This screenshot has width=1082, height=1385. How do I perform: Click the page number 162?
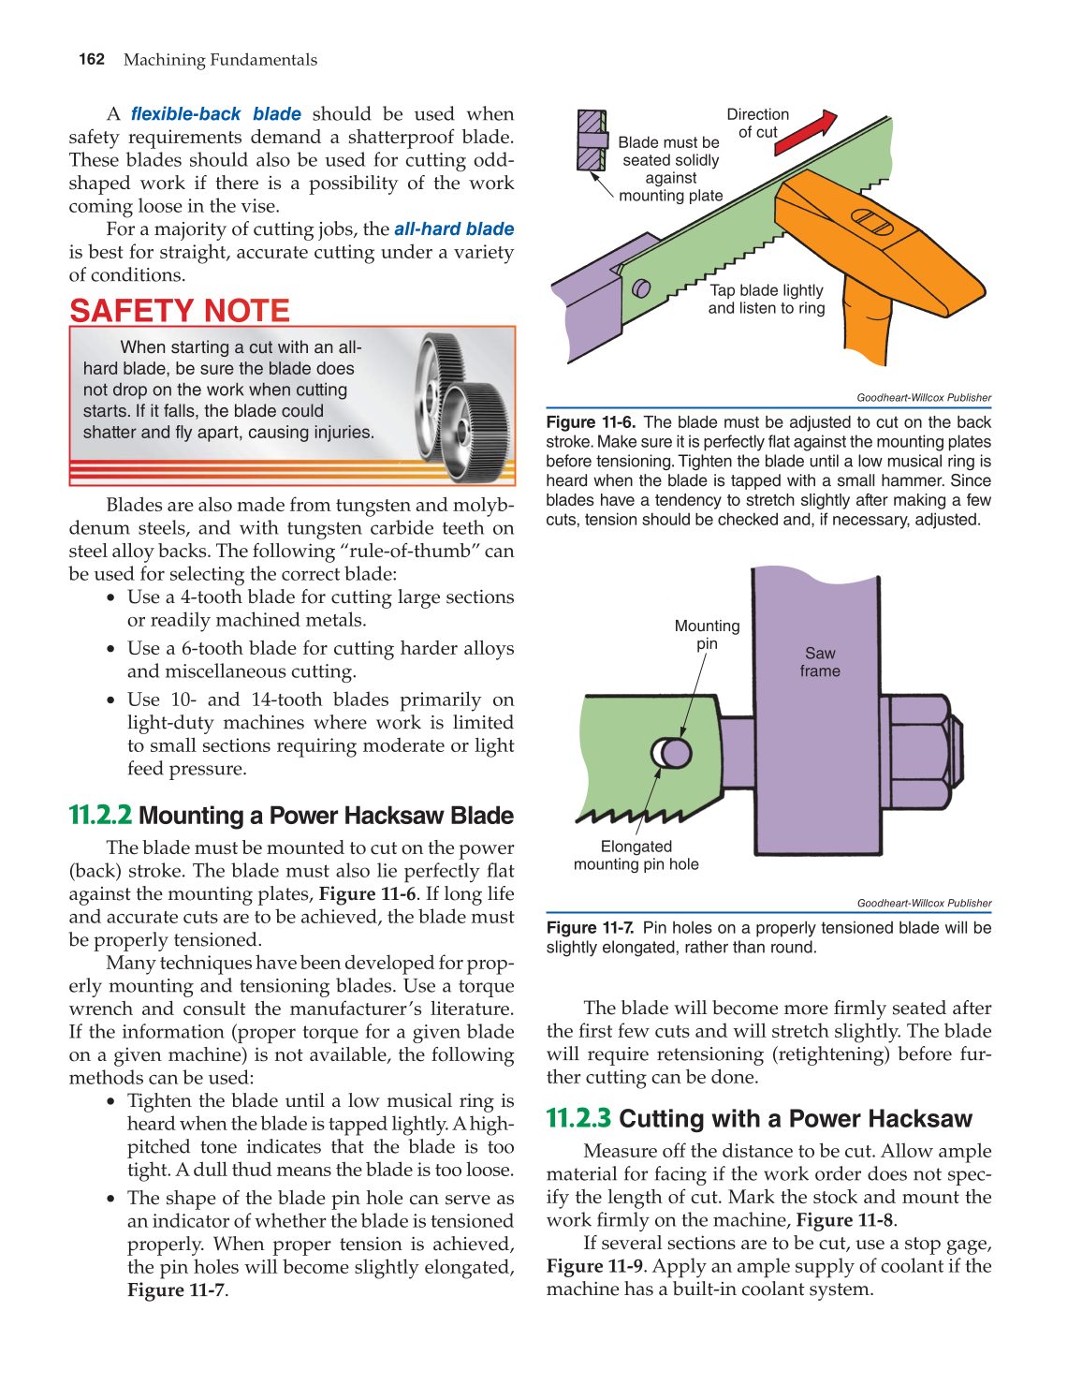(x=92, y=59)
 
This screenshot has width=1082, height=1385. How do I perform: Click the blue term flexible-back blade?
(x=215, y=114)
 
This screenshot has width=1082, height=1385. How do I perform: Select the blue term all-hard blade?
(x=454, y=229)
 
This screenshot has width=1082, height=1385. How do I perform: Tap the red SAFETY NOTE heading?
(x=180, y=311)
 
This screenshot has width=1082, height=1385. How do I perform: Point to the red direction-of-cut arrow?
(x=806, y=132)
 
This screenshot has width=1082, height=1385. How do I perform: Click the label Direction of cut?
(x=758, y=123)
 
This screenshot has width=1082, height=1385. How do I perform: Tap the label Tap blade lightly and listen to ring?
(x=767, y=300)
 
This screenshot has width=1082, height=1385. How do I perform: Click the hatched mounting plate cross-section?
(x=591, y=140)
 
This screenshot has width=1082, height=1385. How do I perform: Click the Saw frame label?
(x=820, y=662)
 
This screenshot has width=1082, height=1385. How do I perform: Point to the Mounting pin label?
(x=707, y=634)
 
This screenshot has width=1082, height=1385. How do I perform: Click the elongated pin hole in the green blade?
(x=670, y=752)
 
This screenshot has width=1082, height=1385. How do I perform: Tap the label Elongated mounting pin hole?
(x=636, y=855)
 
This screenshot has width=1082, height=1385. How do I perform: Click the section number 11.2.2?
(x=100, y=816)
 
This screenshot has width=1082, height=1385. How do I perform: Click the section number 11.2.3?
(x=578, y=1119)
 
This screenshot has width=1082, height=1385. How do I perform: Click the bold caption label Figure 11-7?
(x=591, y=928)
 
